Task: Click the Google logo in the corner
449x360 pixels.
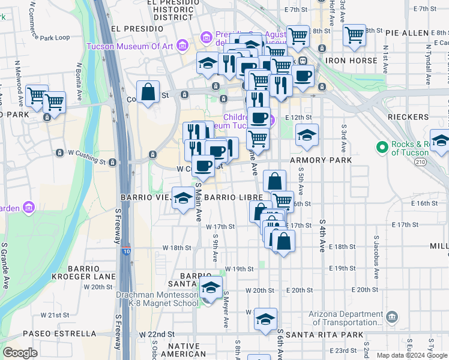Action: [20, 353]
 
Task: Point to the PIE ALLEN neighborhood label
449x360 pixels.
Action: [417, 31]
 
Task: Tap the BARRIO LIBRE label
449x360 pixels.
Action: [234, 197]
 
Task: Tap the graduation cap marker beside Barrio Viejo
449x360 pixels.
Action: [182, 197]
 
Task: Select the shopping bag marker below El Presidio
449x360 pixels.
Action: [148, 92]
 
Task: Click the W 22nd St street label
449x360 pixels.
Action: [157, 334]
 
